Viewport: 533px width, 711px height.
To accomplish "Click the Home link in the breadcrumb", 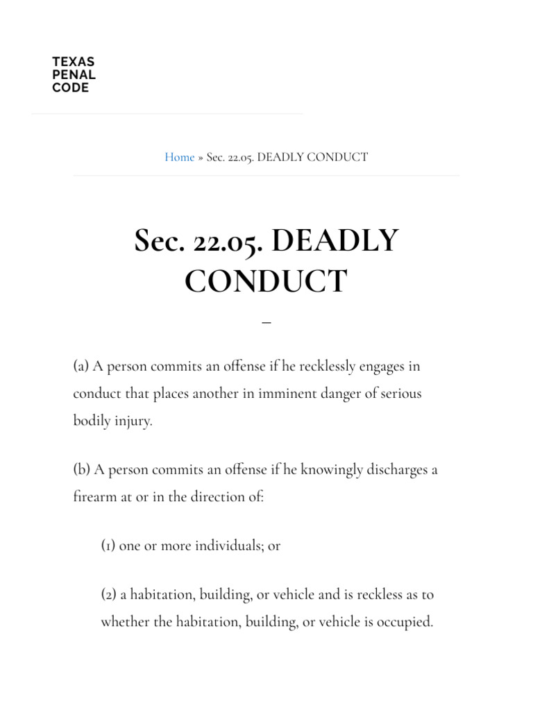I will point(179,157).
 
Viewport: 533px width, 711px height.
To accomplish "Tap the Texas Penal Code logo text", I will point(74,75).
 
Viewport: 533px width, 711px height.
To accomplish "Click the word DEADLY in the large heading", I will point(335,241).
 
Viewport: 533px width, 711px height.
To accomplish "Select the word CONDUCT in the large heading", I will point(266,281).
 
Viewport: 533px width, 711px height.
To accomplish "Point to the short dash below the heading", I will point(266,323).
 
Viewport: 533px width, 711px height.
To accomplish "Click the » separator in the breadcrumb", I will point(201,157).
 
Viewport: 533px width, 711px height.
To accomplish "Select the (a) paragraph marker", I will point(81,366).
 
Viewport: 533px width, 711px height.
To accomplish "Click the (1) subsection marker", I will point(108,546).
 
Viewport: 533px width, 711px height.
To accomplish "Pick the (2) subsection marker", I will point(109,594).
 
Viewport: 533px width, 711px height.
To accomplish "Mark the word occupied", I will point(405,621).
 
